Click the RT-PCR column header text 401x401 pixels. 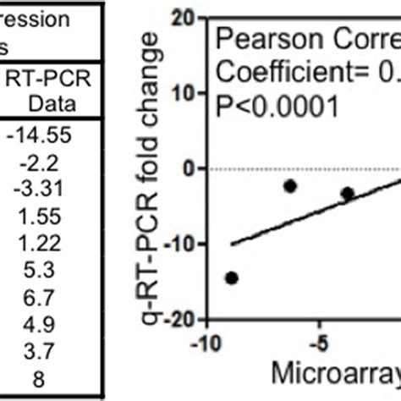tap(53, 81)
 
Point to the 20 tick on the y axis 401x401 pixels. tap(180, 18)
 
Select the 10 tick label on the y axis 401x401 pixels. tap(180, 93)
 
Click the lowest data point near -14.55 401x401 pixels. tap(231, 277)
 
